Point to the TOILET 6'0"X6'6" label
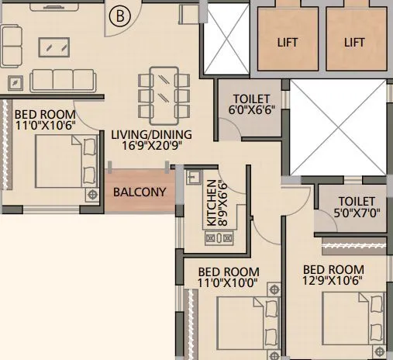coord(252,105)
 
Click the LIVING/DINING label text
coord(151,134)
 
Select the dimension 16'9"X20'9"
coord(151,146)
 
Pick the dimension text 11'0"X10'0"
coord(229,283)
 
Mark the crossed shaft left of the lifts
coord(227,38)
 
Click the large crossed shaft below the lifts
coord(336,127)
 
